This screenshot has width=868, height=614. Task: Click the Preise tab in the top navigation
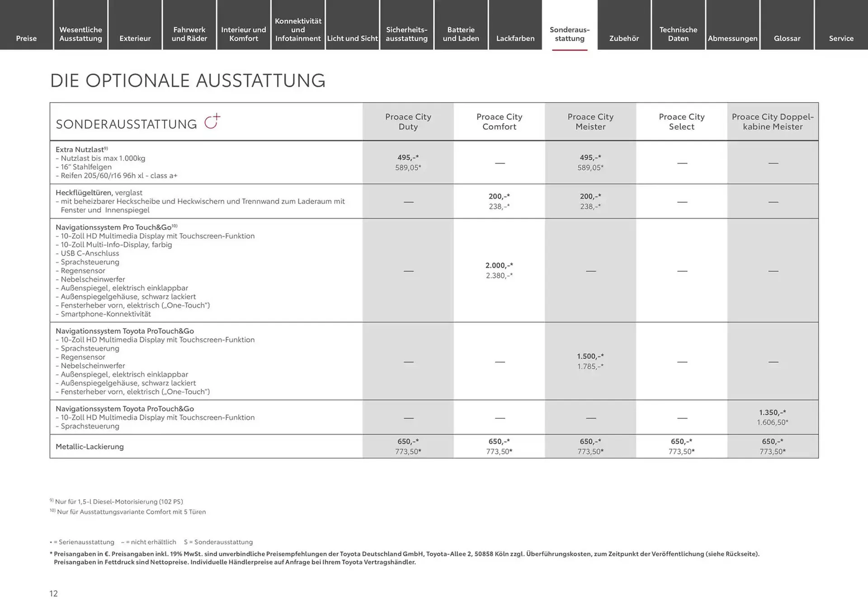coord(26,38)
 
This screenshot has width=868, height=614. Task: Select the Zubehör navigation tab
coord(624,38)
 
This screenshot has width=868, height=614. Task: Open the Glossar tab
coord(787,38)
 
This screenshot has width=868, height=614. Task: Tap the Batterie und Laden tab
coord(461,34)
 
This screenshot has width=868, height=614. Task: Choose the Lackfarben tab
coord(515,38)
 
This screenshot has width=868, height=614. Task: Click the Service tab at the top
coord(841,38)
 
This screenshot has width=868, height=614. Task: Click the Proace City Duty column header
coord(408,122)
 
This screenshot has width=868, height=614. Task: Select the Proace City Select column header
coord(681,122)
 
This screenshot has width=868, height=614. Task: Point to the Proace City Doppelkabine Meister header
coord(773,122)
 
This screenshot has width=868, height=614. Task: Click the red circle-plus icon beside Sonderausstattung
coord(212,122)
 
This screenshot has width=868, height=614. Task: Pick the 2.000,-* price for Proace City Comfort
coord(499,266)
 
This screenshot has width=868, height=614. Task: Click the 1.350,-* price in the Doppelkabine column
coord(772,413)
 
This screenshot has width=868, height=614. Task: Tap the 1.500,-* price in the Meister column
coord(590,357)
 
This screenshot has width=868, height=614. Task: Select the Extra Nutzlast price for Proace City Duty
coord(408,158)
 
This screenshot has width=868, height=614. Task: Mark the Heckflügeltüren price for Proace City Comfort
coord(499,197)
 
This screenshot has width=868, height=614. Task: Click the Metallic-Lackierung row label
coord(90,447)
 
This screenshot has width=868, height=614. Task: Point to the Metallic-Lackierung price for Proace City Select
coord(681,442)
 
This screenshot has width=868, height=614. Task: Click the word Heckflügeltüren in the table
coord(84,193)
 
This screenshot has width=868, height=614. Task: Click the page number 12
coord(53,594)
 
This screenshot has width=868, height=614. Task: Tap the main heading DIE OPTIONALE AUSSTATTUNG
coord(188,80)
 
